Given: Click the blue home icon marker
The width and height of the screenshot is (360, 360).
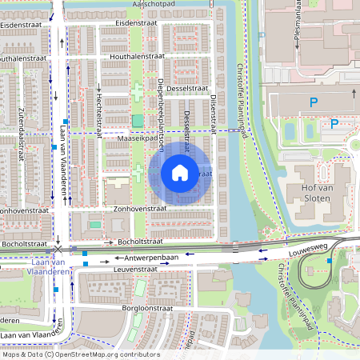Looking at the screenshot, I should click(x=180, y=172).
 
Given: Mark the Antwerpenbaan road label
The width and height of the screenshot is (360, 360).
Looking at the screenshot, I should click(x=146, y=258).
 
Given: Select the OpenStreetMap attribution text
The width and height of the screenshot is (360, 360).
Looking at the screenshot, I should click(x=80, y=354).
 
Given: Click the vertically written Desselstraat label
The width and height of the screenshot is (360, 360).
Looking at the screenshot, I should click(x=186, y=132).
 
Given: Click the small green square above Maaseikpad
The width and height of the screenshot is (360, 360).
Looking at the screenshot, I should click(x=138, y=120).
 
